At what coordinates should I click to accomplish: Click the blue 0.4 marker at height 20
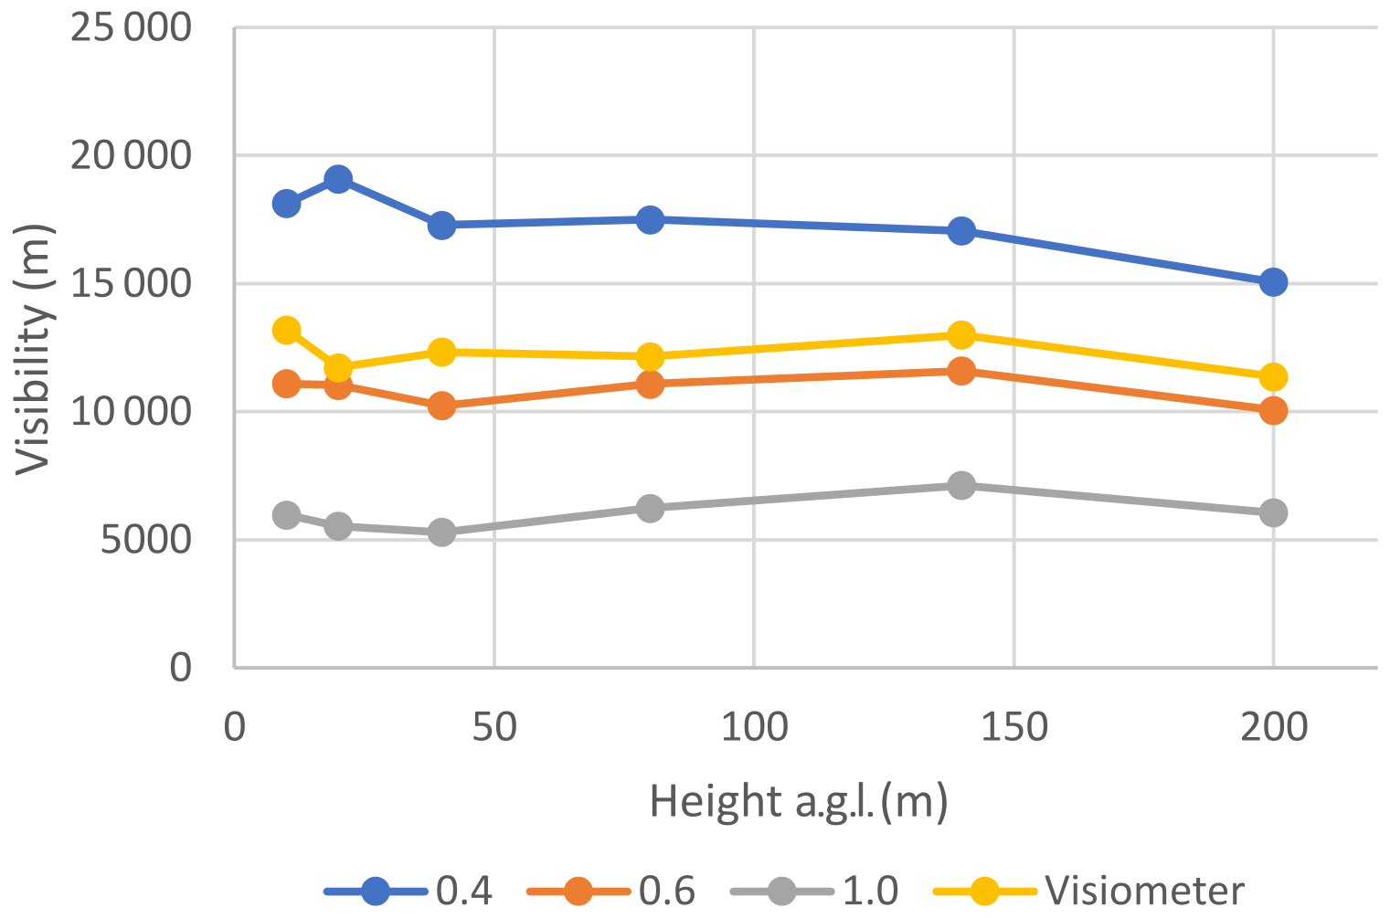[338, 178]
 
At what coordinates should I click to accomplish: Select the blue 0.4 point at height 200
[1273, 282]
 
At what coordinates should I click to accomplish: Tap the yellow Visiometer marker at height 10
[286, 330]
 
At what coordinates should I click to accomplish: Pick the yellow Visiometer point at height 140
[961, 335]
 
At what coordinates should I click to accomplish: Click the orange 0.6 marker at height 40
[442, 406]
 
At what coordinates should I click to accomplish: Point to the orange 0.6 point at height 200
[1273, 411]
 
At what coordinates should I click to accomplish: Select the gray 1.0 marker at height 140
[961, 485]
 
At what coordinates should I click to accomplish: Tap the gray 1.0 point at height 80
[650, 508]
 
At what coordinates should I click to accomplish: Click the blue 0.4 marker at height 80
[650, 219]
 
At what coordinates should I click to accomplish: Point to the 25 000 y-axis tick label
[132, 27]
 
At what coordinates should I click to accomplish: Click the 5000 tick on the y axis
[146, 540]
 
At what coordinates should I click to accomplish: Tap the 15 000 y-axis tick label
[132, 284]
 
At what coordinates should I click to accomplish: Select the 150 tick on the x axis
[1013, 728]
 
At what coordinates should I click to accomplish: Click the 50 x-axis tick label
[494, 728]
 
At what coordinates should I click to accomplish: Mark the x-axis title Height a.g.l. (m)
[799, 801]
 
